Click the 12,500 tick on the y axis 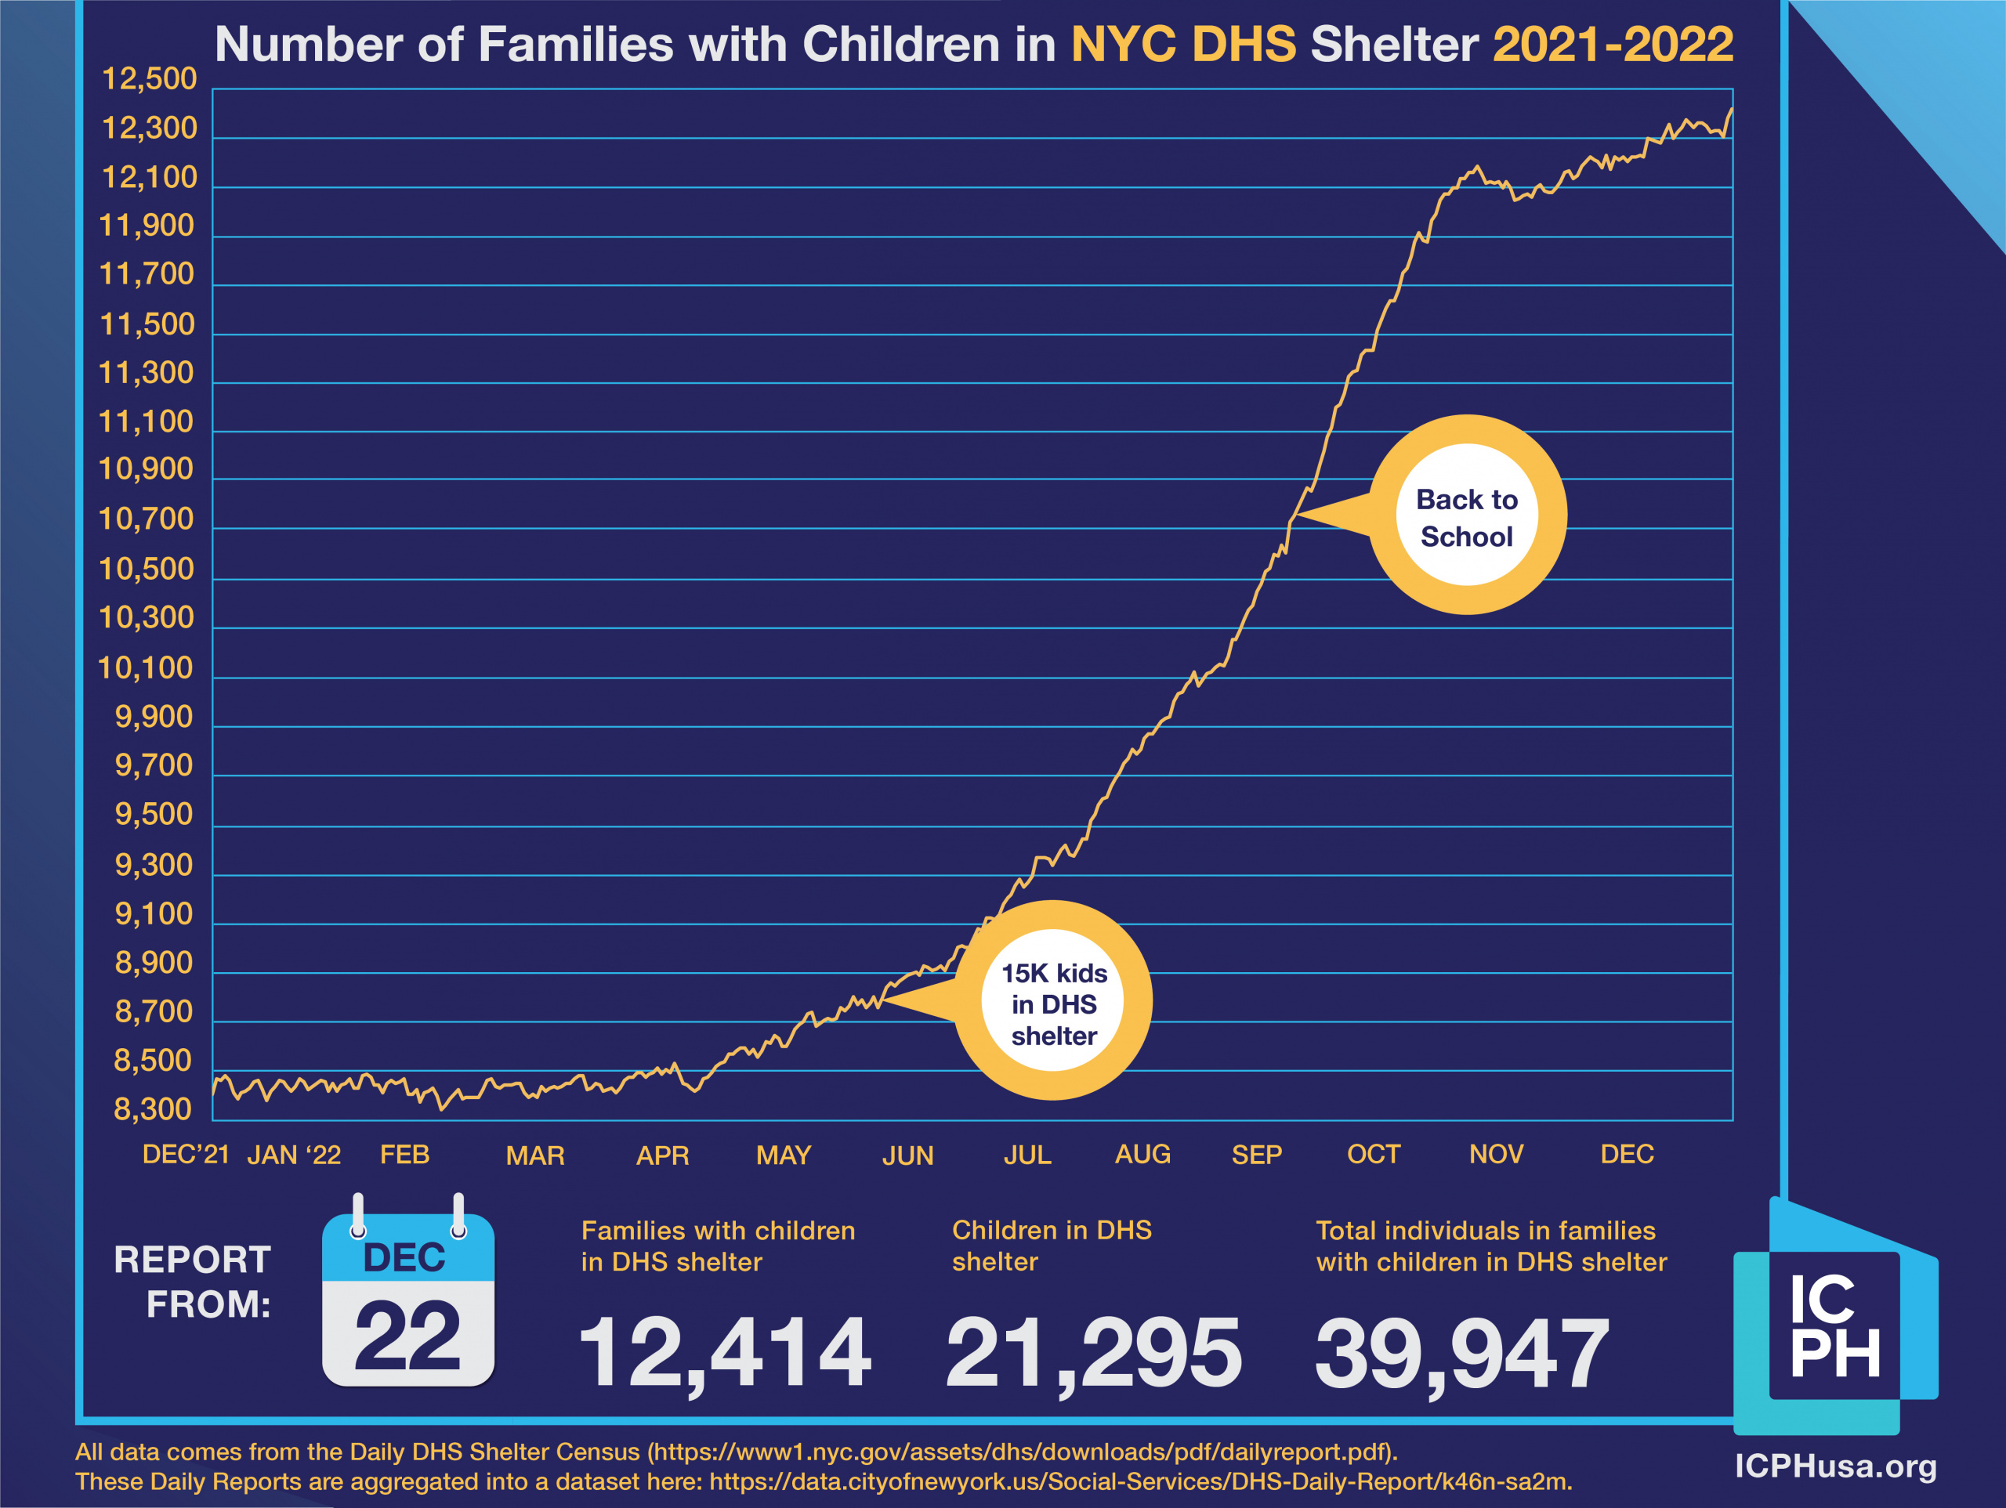click(x=149, y=80)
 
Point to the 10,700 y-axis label click(x=146, y=519)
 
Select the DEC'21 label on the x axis click(x=185, y=1155)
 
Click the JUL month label click(x=1027, y=1155)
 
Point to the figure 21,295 click(x=1093, y=1353)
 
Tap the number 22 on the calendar click(x=407, y=1336)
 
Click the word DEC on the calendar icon click(x=404, y=1258)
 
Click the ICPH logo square click(x=1834, y=1325)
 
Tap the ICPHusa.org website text click(x=1835, y=1466)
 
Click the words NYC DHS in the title click(x=1183, y=44)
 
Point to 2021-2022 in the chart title click(x=1613, y=44)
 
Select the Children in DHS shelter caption click(x=1051, y=1245)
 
